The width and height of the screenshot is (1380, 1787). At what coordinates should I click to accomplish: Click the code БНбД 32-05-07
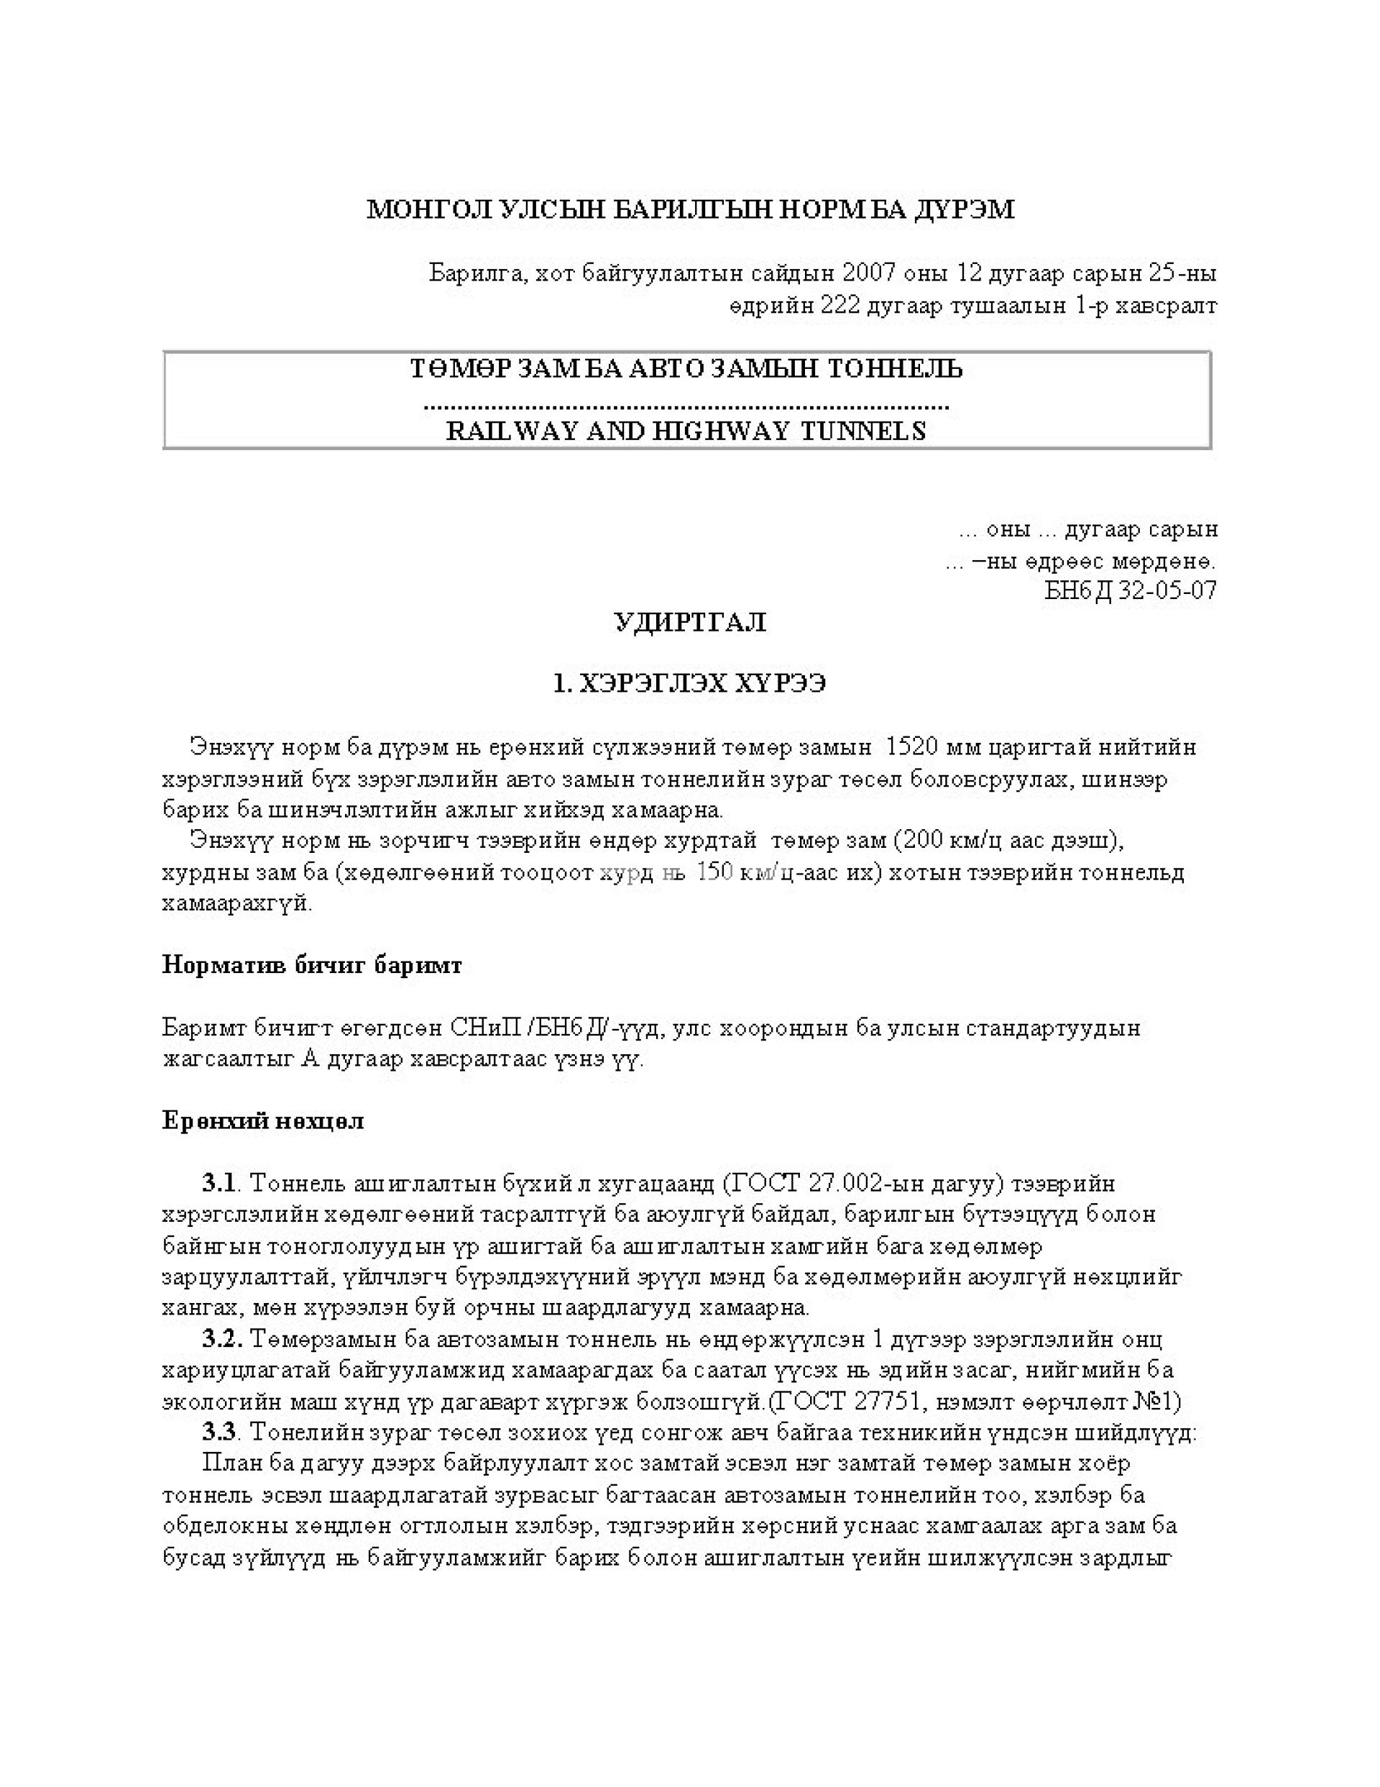tap(1131, 590)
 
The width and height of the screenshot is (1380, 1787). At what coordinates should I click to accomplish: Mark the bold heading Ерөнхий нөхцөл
tap(262, 1120)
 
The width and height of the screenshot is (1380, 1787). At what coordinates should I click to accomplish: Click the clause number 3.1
tap(218, 1183)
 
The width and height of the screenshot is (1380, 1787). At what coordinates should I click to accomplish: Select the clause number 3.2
tap(221, 1340)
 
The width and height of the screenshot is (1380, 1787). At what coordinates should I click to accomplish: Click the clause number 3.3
tap(220, 1432)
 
